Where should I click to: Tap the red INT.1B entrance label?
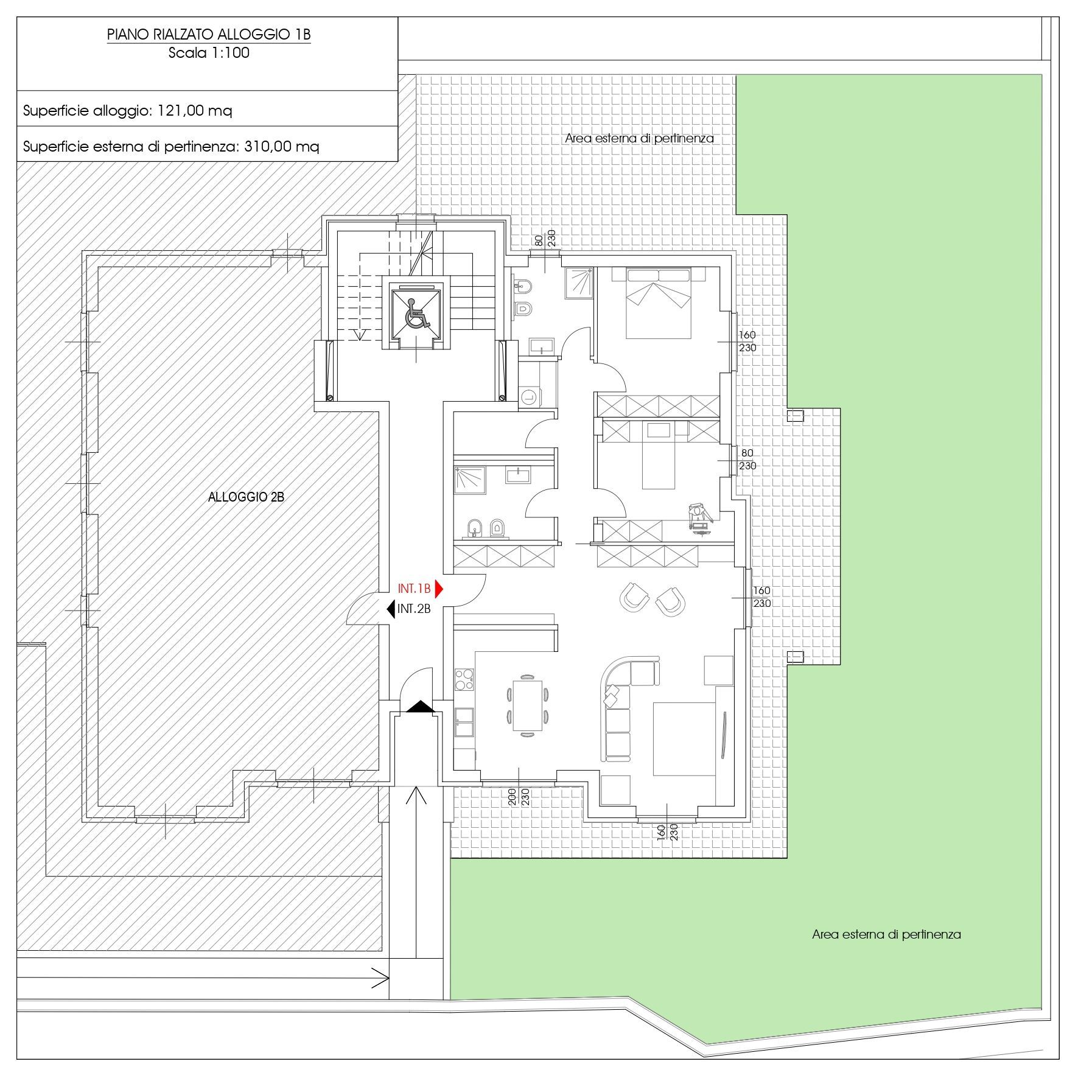click(x=414, y=589)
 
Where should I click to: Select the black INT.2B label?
click(x=414, y=608)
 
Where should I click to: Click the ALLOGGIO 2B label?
click(x=246, y=497)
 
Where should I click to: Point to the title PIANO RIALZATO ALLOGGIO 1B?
click(x=209, y=35)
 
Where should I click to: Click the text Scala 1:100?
click(x=209, y=52)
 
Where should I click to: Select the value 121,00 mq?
click(x=195, y=111)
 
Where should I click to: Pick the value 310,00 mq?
click(x=281, y=147)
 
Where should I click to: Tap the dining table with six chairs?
click(x=527, y=704)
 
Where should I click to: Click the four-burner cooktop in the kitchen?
click(x=464, y=679)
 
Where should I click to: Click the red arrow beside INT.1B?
click(x=439, y=589)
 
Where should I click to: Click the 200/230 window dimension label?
click(x=519, y=796)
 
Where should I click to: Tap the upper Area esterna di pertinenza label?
click(x=639, y=138)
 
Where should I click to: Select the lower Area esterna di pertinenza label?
click(x=886, y=934)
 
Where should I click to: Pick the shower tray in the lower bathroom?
click(x=469, y=480)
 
